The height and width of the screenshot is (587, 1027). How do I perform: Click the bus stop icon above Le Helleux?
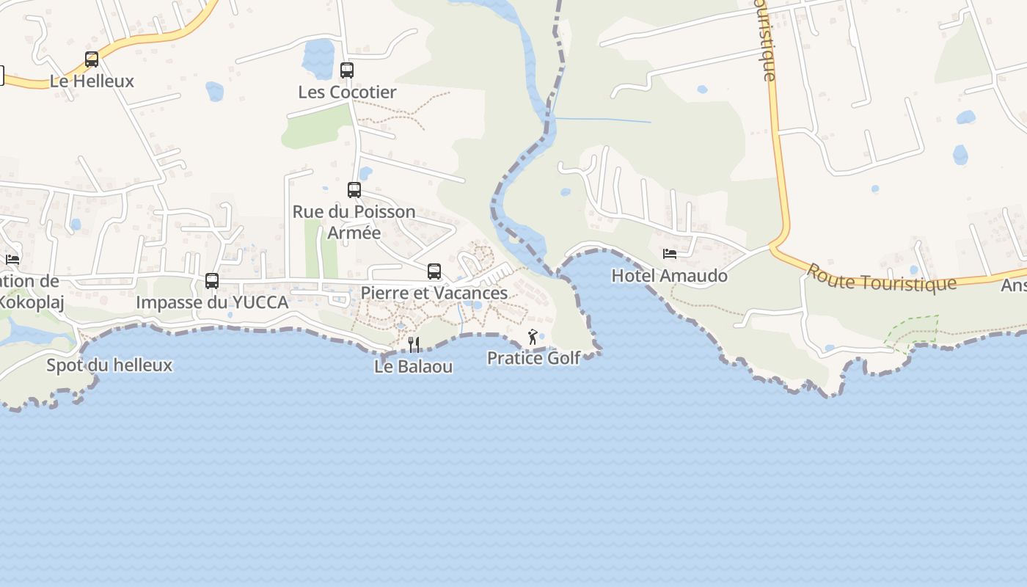click(x=92, y=59)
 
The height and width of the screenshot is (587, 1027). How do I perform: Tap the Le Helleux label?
click(x=92, y=81)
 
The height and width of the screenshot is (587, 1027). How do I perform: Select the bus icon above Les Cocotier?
click(x=347, y=70)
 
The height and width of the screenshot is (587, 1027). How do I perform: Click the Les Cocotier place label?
click(x=347, y=92)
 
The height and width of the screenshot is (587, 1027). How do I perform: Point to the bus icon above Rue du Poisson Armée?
click(x=354, y=190)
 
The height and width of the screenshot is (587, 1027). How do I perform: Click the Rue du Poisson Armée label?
click(x=354, y=222)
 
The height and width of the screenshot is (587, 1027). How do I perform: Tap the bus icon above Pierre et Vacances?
click(x=434, y=271)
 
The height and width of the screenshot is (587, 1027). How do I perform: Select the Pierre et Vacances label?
click(x=434, y=293)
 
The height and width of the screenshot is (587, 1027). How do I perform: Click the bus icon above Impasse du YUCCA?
click(x=212, y=280)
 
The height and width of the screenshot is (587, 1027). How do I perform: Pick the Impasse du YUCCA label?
click(x=212, y=302)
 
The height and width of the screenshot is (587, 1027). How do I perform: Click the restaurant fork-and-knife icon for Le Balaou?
click(x=414, y=345)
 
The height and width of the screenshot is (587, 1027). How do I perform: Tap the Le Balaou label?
click(x=413, y=366)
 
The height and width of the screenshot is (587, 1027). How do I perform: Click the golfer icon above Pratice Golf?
click(x=533, y=338)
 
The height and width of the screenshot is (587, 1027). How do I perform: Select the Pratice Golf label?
click(x=533, y=358)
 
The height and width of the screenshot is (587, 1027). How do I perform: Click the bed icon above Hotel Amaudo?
click(x=670, y=254)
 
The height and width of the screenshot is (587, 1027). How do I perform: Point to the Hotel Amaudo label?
click(x=670, y=276)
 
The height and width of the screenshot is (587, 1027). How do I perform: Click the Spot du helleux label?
click(x=109, y=365)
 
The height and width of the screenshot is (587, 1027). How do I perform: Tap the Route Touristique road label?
click(x=881, y=277)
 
